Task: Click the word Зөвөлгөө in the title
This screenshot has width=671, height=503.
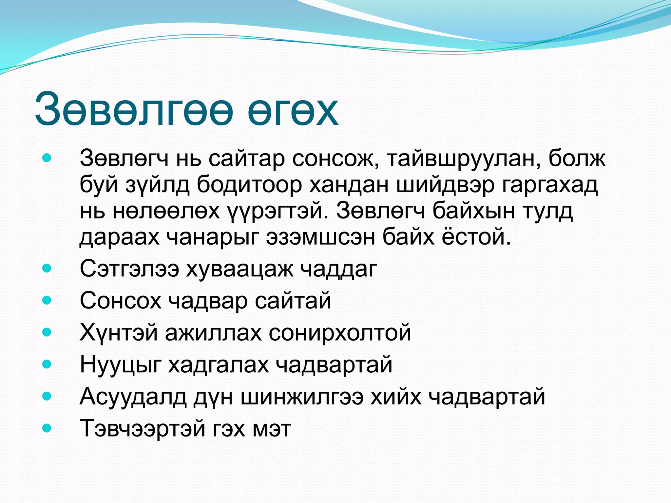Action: (x=134, y=110)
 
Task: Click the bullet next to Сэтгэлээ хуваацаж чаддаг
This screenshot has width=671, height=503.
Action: (x=47, y=269)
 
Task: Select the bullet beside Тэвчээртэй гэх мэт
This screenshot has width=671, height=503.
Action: (x=47, y=428)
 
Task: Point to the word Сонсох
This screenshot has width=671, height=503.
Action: (x=121, y=301)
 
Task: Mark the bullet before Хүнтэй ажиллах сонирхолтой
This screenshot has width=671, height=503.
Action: (x=47, y=333)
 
